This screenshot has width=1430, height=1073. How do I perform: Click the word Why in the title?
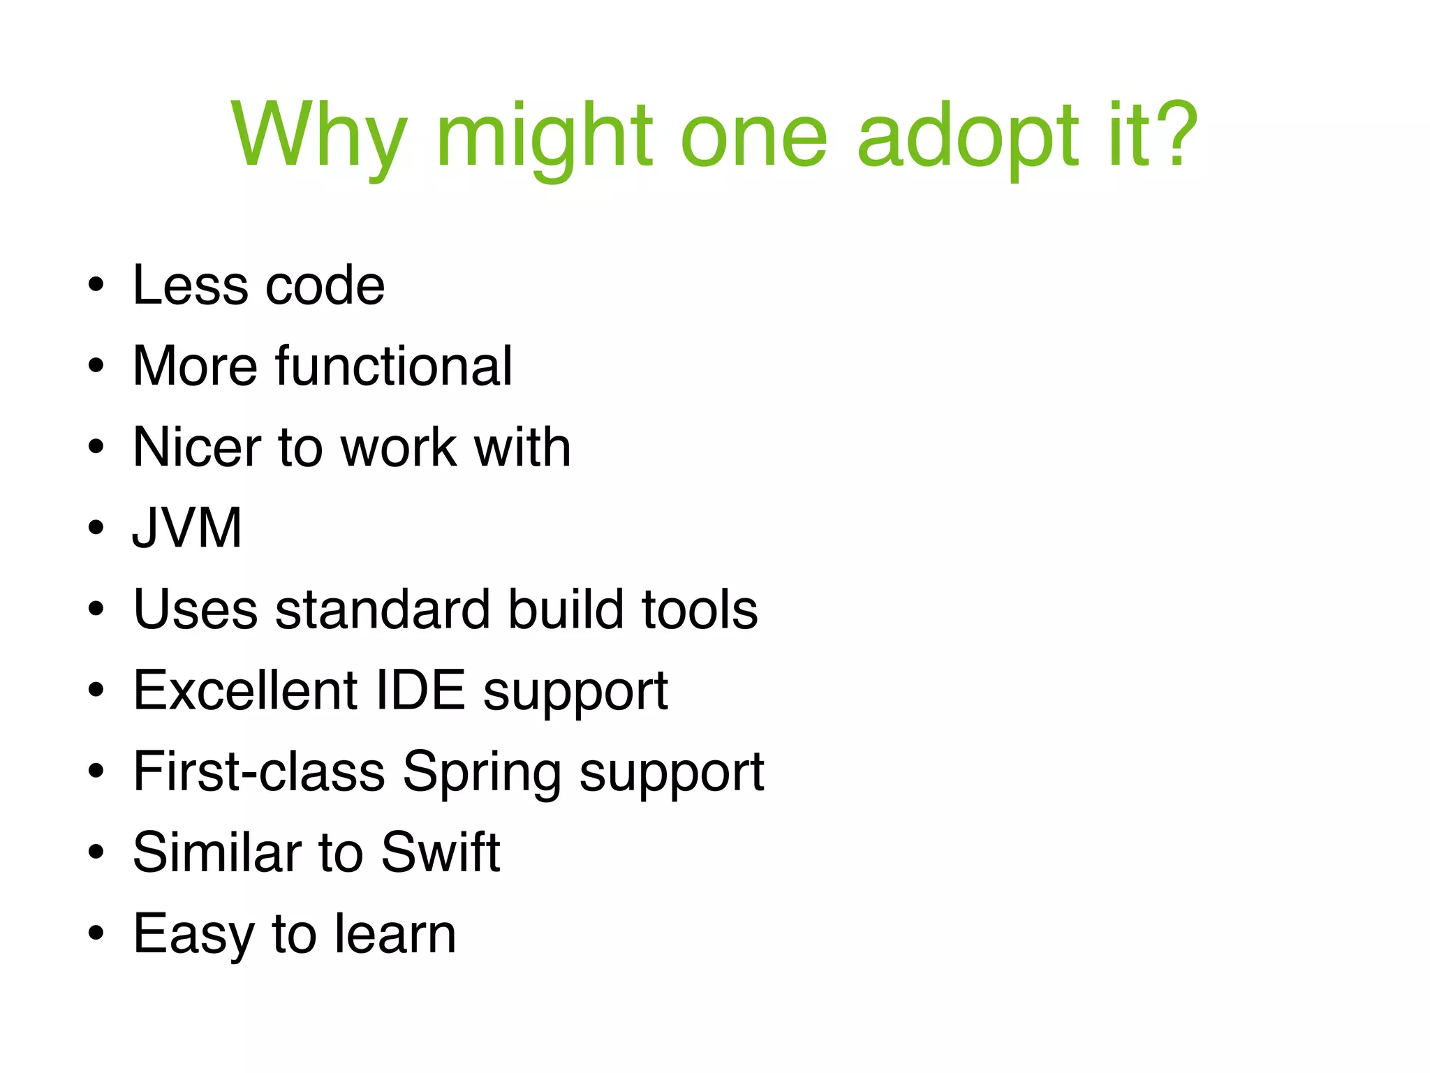(x=318, y=136)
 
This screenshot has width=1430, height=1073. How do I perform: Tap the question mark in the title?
(x=1177, y=133)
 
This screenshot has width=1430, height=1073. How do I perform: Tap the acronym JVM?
(x=187, y=528)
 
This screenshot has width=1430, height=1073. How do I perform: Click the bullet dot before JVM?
(x=96, y=528)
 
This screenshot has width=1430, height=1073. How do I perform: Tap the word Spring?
(x=482, y=774)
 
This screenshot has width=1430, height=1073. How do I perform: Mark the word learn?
(x=395, y=933)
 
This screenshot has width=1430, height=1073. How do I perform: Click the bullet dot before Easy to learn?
(x=96, y=933)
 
